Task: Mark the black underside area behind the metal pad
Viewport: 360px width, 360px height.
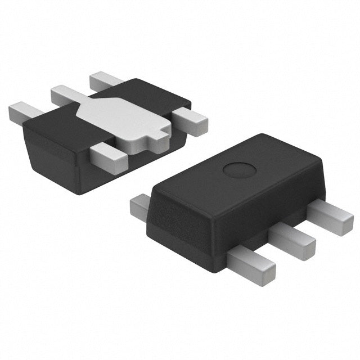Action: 152,93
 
